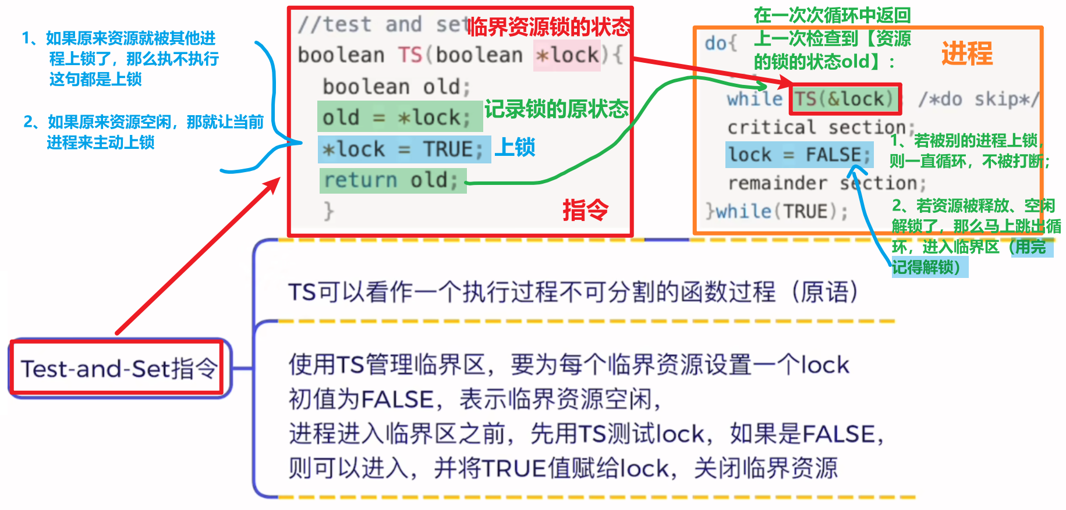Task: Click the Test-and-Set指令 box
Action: [x=118, y=368]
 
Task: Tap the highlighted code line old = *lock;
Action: [x=399, y=117]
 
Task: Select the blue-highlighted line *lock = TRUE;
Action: [x=403, y=149]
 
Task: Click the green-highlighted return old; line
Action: [x=392, y=180]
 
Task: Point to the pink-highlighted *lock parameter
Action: [x=567, y=55]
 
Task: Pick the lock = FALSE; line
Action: [x=799, y=155]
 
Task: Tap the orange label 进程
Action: [x=966, y=53]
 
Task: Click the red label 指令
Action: [x=585, y=209]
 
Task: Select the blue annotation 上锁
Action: [x=515, y=147]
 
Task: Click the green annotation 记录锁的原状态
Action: [x=557, y=109]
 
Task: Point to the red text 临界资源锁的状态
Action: [x=549, y=26]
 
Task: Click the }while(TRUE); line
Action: [x=777, y=211]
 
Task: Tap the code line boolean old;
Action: [x=396, y=87]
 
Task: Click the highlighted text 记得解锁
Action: [x=926, y=267]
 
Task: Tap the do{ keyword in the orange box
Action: [x=720, y=43]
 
